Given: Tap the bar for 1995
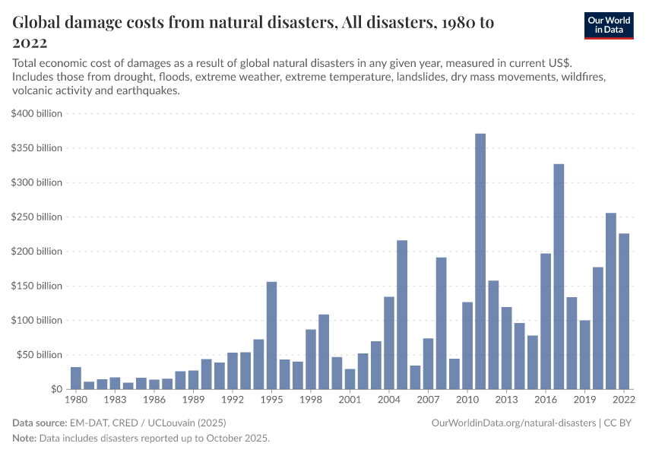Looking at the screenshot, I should [x=271, y=335].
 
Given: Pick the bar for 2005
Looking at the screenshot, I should [x=402, y=315].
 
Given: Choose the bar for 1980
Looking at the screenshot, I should [x=76, y=378].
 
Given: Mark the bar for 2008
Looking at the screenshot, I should [x=441, y=323].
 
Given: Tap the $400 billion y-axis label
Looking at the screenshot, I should [x=36, y=113].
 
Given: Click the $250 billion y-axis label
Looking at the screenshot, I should [x=36, y=217].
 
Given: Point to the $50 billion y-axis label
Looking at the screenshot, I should [x=39, y=355].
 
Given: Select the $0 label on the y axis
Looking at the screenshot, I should [x=56, y=389].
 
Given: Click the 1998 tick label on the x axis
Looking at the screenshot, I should [x=310, y=400].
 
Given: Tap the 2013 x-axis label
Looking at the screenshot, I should [x=506, y=400].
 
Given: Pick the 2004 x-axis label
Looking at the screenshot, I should [x=389, y=400].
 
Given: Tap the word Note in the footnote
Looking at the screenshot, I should [x=25, y=439].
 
